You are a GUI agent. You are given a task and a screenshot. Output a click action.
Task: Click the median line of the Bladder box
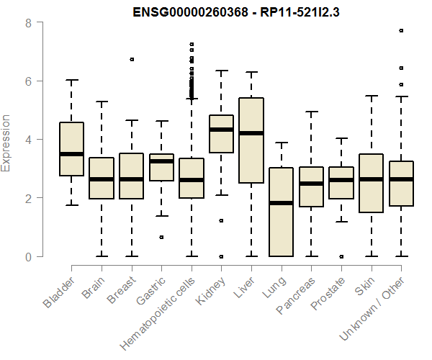(71, 154)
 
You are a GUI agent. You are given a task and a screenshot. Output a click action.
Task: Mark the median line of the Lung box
(281, 203)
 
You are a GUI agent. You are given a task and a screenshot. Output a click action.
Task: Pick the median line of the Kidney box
(221, 130)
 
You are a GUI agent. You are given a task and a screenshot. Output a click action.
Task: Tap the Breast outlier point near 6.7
(131, 59)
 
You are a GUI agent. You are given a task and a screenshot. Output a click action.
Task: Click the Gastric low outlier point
(161, 237)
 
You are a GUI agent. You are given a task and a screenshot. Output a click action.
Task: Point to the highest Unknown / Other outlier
(401, 30)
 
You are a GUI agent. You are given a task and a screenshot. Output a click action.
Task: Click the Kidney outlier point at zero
(221, 256)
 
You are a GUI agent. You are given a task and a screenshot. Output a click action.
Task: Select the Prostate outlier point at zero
(341, 256)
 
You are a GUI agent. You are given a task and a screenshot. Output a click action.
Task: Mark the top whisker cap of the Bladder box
(71, 80)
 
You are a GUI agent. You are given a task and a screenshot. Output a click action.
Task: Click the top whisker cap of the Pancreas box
(311, 112)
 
